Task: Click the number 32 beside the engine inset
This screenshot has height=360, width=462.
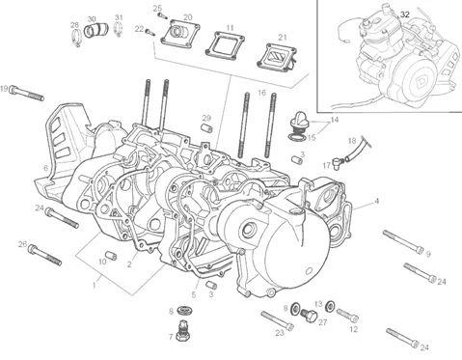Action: [x=405, y=14]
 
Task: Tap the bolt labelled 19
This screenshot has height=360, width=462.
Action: [x=26, y=93]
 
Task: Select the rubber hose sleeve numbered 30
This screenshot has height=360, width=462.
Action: [x=96, y=30]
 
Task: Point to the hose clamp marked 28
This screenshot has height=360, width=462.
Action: [x=76, y=37]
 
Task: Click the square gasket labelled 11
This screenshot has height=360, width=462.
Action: [x=226, y=45]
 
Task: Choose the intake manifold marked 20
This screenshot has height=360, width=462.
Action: [x=180, y=35]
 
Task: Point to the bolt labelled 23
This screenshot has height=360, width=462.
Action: [x=277, y=320]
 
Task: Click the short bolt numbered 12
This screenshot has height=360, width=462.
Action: [x=347, y=315]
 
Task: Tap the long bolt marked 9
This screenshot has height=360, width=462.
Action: [x=403, y=242]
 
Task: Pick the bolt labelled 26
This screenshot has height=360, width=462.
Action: [x=44, y=255]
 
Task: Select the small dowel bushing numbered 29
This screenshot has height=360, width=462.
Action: [x=206, y=127]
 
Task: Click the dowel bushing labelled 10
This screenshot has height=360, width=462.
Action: [x=112, y=256]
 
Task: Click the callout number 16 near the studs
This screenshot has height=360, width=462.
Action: [x=262, y=93]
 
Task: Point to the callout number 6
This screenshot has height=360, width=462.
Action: [x=45, y=168]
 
